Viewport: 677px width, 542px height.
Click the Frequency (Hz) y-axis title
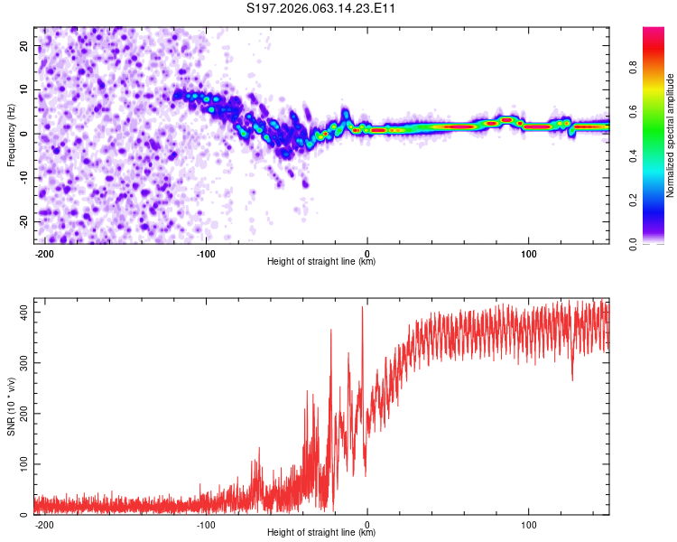tap(11, 135)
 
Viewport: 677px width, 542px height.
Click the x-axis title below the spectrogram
tap(321, 262)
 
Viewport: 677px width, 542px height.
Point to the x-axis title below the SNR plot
tap(321, 533)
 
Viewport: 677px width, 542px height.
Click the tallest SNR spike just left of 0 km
tap(363, 308)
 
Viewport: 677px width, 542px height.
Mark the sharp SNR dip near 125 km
tap(572, 379)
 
